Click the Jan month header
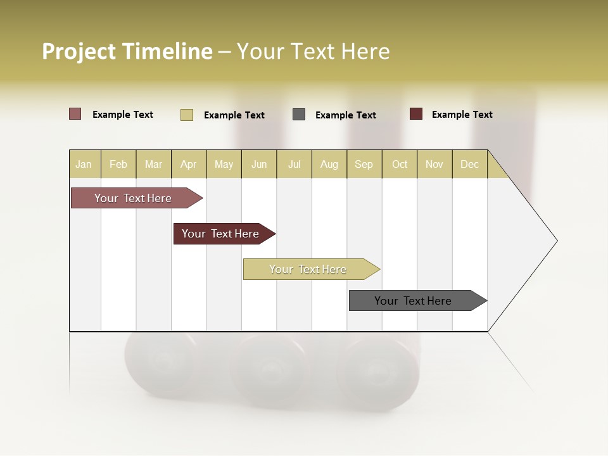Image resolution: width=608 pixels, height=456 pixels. [x=84, y=164]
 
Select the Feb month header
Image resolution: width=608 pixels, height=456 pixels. [x=118, y=164]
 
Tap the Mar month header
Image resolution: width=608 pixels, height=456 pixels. [x=153, y=164]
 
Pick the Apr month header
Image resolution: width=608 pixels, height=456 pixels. [x=189, y=164]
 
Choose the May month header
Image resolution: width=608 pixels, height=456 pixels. [x=224, y=164]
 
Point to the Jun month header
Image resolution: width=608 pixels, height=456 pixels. [x=259, y=164]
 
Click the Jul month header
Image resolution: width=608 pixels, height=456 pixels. [x=294, y=164]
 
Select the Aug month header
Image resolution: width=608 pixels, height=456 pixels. [x=329, y=164]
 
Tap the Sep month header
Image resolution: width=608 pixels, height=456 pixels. [x=364, y=164]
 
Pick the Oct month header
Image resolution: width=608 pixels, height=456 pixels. [x=400, y=164]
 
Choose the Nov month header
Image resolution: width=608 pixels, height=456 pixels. [x=434, y=164]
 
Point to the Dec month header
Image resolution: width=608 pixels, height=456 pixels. [x=470, y=164]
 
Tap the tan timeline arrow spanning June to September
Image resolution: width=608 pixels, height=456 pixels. [x=308, y=269]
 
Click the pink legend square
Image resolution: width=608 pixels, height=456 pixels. [x=75, y=114]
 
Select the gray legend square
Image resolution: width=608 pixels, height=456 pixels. [x=299, y=115]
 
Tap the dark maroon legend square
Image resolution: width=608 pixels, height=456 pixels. [x=416, y=114]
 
